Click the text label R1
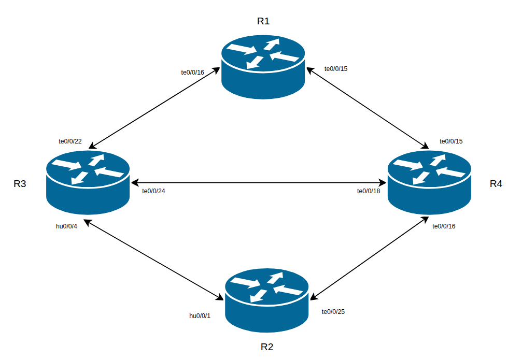pos(263,21)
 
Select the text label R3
pos(20,184)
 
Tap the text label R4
pos(496,184)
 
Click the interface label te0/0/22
pos(70,141)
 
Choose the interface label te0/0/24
pos(153,191)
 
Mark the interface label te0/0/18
pos(369,191)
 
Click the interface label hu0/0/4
pos(66,226)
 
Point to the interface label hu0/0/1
pos(200,315)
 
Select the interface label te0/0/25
pos(333,311)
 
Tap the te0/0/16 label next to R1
pos(192,73)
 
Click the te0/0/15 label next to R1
pos(336,68)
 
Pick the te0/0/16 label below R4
pos(444,226)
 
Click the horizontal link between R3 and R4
pos(259,183)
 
